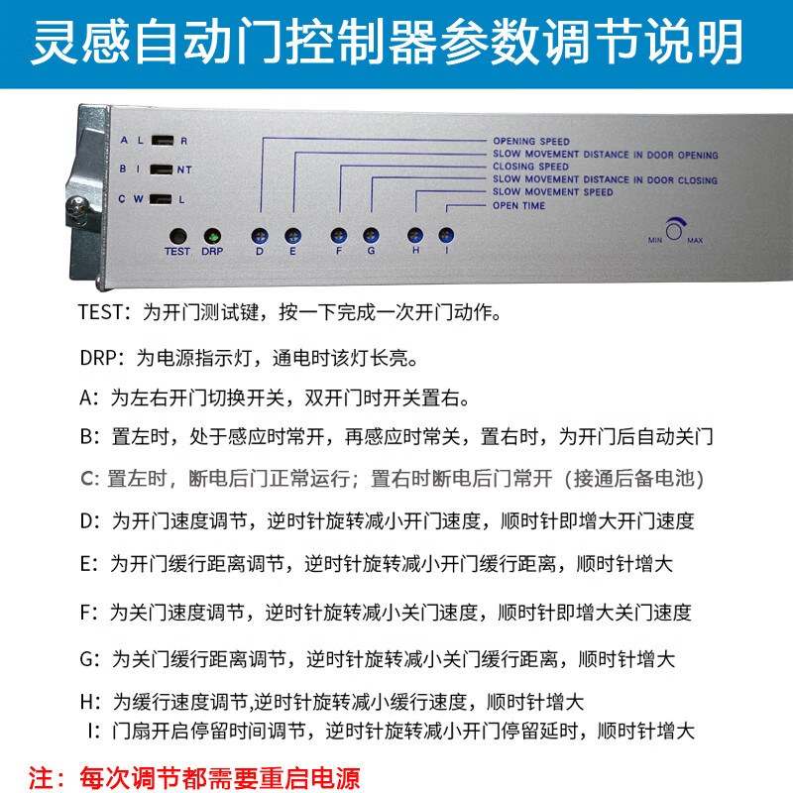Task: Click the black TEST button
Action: point(177,237)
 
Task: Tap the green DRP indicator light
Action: point(211,237)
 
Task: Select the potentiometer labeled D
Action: point(260,236)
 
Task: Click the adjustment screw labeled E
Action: point(292,236)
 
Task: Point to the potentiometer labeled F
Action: point(338,236)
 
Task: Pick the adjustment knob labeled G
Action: point(371,236)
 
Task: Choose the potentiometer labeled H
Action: point(415,236)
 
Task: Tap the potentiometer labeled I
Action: point(447,236)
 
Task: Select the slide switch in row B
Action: point(163,170)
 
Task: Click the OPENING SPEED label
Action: point(530,142)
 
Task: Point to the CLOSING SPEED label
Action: point(531,168)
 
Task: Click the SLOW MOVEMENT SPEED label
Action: point(553,192)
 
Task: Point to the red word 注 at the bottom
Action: point(42,775)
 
